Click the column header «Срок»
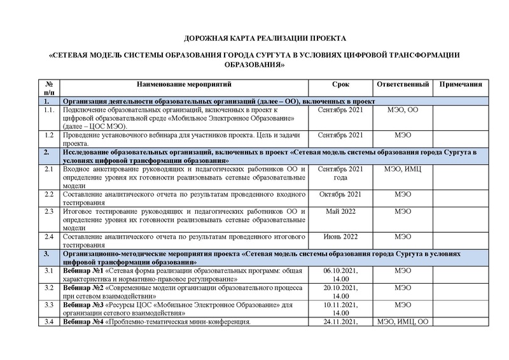340,84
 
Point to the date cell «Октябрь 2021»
340,194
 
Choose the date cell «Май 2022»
340,211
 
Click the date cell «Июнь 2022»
340,237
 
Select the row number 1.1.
48,109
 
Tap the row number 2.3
48,211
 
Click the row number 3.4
48,322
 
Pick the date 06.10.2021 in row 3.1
340,271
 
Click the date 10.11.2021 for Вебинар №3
340,305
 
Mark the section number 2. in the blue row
46,152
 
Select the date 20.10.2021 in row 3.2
340,287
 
